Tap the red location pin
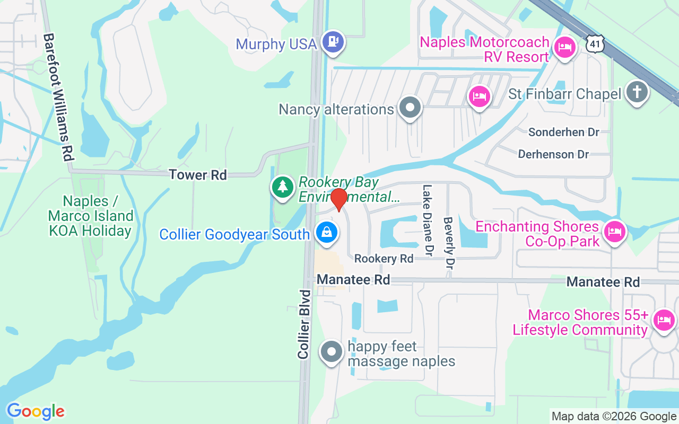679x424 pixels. pyautogui.click(x=338, y=199)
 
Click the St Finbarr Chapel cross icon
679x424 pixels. pyautogui.click(x=637, y=92)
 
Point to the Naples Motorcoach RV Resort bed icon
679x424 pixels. pyautogui.click(x=564, y=47)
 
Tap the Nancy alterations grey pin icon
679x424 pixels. pyautogui.click(x=410, y=108)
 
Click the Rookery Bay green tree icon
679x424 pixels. pyautogui.click(x=283, y=187)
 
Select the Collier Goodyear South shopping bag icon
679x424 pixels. pyautogui.click(x=327, y=232)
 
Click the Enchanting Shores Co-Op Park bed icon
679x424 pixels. pyautogui.click(x=614, y=232)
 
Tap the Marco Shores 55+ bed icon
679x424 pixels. pyautogui.click(x=664, y=320)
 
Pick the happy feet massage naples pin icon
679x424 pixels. pyautogui.click(x=332, y=351)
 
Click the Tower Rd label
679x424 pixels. pyautogui.click(x=198, y=174)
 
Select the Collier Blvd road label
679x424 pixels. pyautogui.click(x=304, y=324)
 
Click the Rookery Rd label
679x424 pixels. pyautogui.click(x=384, y=259)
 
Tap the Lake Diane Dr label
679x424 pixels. pyautogui.click(x=428, y=220)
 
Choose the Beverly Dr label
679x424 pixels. pyautogui.click(x=449, y=243)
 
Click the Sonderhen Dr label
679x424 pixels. pyautogui.click(x=564, y=132)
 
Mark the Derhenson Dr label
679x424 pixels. pyautogui.click(x=553, y=154)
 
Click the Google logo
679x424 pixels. pyautogui.click(x=36, y=411)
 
